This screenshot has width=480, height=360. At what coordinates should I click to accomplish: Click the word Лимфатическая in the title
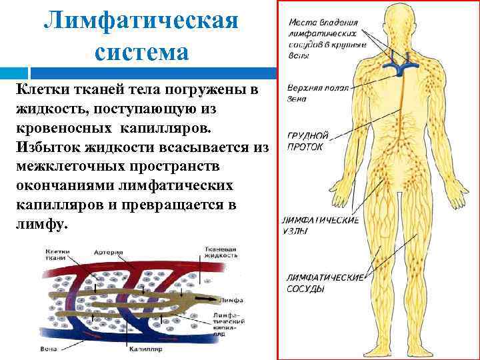click(141, 19)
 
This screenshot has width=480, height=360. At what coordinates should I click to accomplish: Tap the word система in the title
click(141, 51)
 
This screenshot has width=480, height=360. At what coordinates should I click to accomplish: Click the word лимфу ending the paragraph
click(41, 225)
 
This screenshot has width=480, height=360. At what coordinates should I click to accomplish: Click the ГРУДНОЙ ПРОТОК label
click(306, 141)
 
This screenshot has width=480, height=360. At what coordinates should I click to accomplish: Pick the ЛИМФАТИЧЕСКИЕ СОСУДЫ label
click(325, 283)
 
